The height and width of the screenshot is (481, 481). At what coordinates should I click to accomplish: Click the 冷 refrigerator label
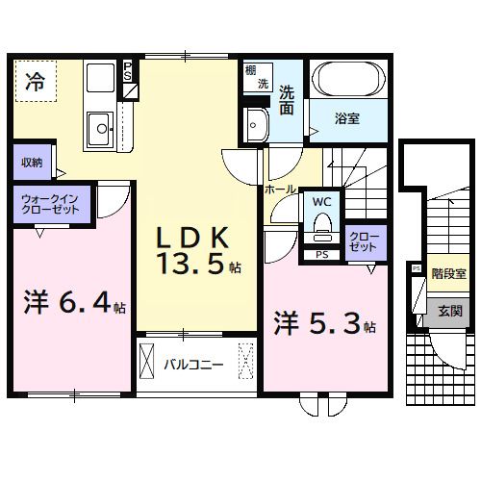35,81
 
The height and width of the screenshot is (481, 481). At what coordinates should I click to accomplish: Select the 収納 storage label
31,162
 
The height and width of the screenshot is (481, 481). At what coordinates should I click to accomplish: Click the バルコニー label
193,366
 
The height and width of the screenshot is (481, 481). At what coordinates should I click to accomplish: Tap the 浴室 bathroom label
347,119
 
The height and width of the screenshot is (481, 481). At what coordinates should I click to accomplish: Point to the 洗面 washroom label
288,101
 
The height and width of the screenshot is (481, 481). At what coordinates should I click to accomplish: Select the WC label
320,202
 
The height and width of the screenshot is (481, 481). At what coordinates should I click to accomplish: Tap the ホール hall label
280,190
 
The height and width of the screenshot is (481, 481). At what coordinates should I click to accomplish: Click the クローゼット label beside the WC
364,241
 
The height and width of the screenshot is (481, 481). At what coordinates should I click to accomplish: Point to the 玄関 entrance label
450,311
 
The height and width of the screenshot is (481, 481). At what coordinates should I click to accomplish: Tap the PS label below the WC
320,255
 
